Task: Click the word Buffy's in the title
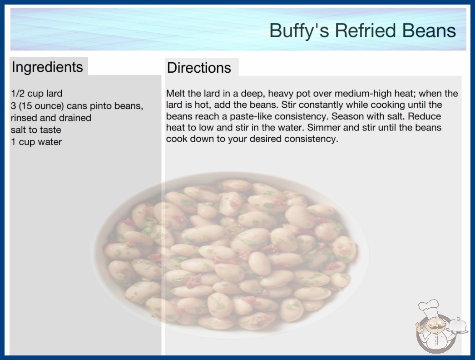click(299, 31)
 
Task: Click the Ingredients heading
click(47, 67)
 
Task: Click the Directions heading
click(199, 68)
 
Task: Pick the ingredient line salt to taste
click(36, 130)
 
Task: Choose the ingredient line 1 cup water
click(36, 142)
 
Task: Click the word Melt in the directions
click(175, 94)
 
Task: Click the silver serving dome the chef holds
click(457, 325)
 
